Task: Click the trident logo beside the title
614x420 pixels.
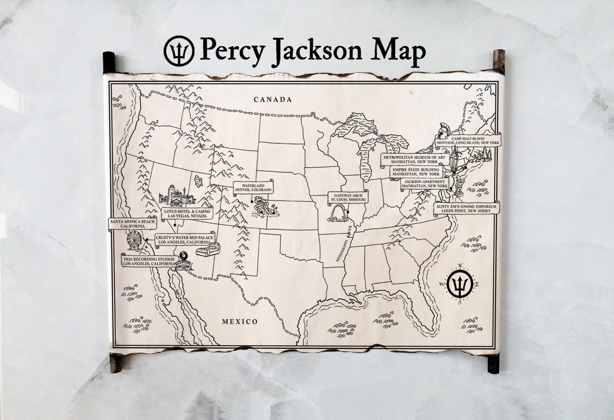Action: tap(179, 51)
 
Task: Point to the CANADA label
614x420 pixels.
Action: tap(273, 100)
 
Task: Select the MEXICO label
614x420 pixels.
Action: tap(239, 322)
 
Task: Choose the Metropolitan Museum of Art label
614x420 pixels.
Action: tap(415, 159)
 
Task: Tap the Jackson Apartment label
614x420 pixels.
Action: tap(425, 184)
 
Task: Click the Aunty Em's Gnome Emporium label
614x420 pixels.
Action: tap(467, 208)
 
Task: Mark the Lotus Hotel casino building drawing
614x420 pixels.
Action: tap(177, 196)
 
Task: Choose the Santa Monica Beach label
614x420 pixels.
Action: tap(132, 223)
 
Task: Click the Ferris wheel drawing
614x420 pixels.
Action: tap(134, 240)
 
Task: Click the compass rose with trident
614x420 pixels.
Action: tap(459, 283)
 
